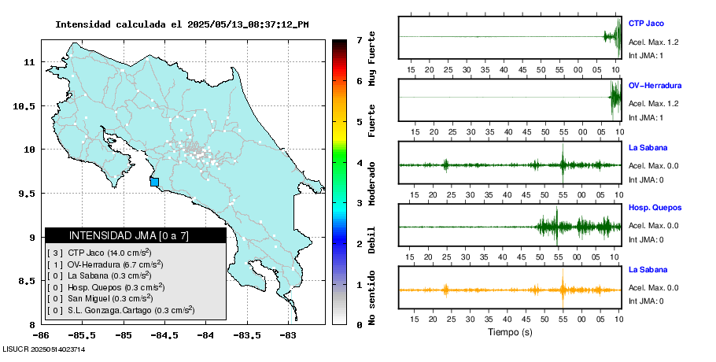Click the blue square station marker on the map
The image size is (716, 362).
point(154,182)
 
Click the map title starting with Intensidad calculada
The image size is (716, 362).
point(181,24)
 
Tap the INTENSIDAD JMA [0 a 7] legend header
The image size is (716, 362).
point(135,235)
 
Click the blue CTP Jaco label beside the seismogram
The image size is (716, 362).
point(646,23)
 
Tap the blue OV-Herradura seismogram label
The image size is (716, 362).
point(655,85)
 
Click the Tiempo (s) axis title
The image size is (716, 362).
point(510,333)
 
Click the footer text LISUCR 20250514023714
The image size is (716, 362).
point(44,349)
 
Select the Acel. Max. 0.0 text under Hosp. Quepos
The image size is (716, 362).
point(653,226)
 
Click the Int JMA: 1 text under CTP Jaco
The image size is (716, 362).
point(646,55)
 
